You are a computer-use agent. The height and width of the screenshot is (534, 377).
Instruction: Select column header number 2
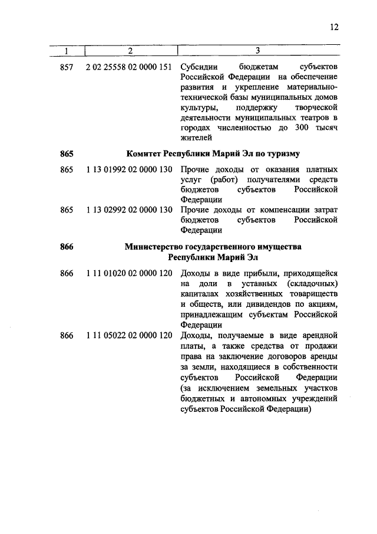coord(130,51)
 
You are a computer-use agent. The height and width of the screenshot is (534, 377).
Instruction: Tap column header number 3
coord(258,51)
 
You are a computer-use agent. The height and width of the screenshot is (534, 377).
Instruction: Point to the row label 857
coord(67,67)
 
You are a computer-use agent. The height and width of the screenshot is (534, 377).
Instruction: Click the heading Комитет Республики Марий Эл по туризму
coord(213,154)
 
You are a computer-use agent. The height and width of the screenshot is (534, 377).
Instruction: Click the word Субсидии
coord(199,67)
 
